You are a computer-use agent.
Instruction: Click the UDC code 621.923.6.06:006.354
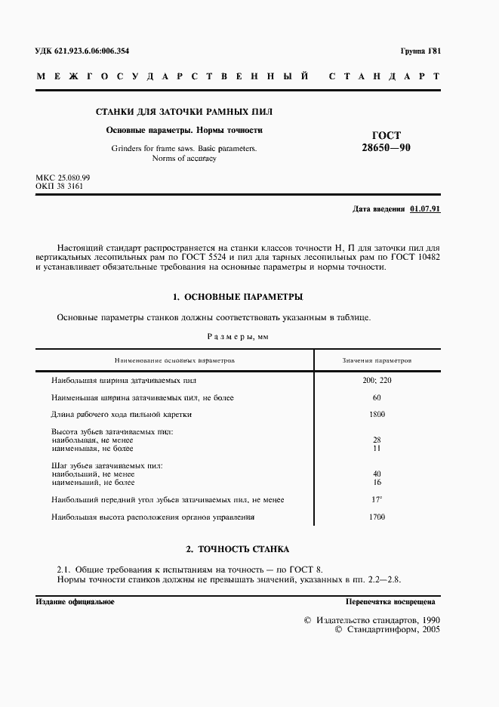click(x=82, y=51)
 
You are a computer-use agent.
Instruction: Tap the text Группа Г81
click(x=420, y=51)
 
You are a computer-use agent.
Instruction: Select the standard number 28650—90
click(x=387, y=149)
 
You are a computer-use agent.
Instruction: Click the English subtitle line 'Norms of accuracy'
click(x=184, y=159)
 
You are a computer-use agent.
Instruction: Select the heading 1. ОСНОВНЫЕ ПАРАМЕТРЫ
click(x=238, y=297)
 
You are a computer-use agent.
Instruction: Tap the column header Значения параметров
click(x=377, y=360)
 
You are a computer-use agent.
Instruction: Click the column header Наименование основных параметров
click(x=174, y=360)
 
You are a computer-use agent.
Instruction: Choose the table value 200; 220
click(x=377, y=380)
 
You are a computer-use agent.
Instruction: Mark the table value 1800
click(x=377, y=414)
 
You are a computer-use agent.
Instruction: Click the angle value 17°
click(x=377, y=499)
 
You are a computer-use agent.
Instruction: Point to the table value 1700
click(x=377, y=517)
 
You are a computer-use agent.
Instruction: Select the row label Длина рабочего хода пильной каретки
click(x=122, y=414)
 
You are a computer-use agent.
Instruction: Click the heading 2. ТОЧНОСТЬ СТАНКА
click(x=238, y=548)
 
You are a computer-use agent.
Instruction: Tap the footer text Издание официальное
click(x=75, y=601)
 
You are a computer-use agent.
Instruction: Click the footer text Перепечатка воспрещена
click(x=390, y=602)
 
